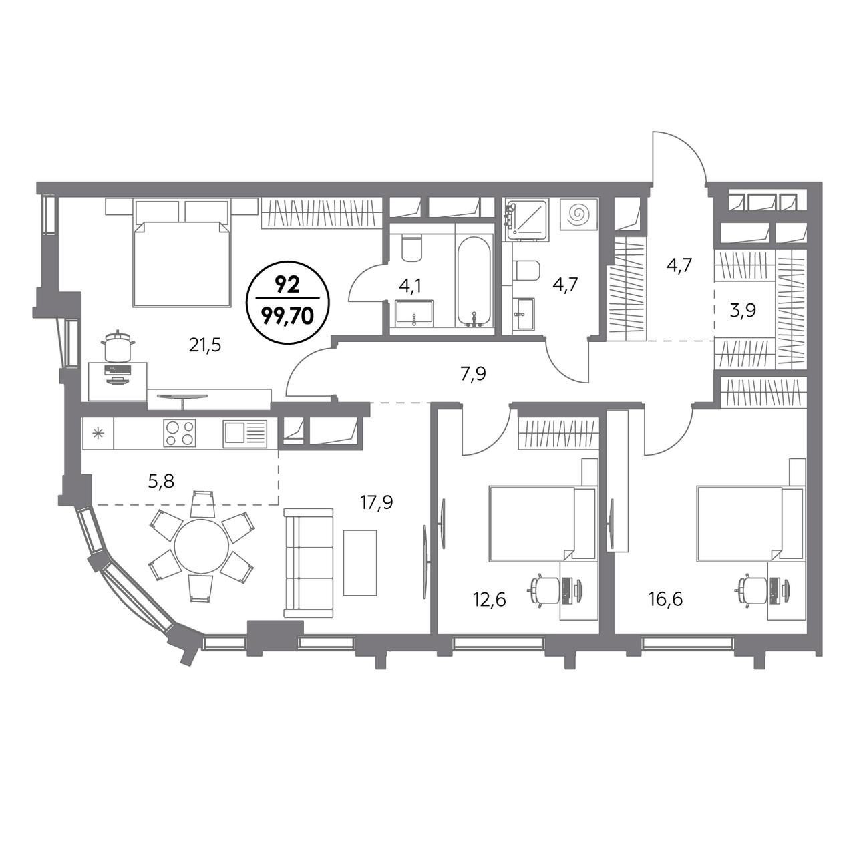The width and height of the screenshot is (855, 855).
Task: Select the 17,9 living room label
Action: pyautogui.click(x=376, y=503)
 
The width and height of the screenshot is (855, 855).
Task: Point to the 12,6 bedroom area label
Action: pyautogui.click(x=490, y=600)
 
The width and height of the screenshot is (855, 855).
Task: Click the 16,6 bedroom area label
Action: pyautogui.click(x=667, y=600)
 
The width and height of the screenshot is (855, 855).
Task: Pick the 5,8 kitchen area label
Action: pyautogui.click(x=162, y=481)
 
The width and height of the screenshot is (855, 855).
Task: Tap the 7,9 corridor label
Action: pyautogui.click(x=474, y=373)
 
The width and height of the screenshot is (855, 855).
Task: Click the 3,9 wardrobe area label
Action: pyautogui.click(x=743, y=311)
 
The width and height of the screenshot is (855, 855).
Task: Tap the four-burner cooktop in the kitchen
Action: pyautogui.click(x=179, y=432)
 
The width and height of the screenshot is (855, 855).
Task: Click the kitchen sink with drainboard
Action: pyautogui.click(x=245, y=432)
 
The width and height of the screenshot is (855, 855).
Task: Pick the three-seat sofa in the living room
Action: pyautogui.click(x=309, y=563)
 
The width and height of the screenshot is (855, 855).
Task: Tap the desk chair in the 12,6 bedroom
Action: pyautogui.click(x=544, y=588)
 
